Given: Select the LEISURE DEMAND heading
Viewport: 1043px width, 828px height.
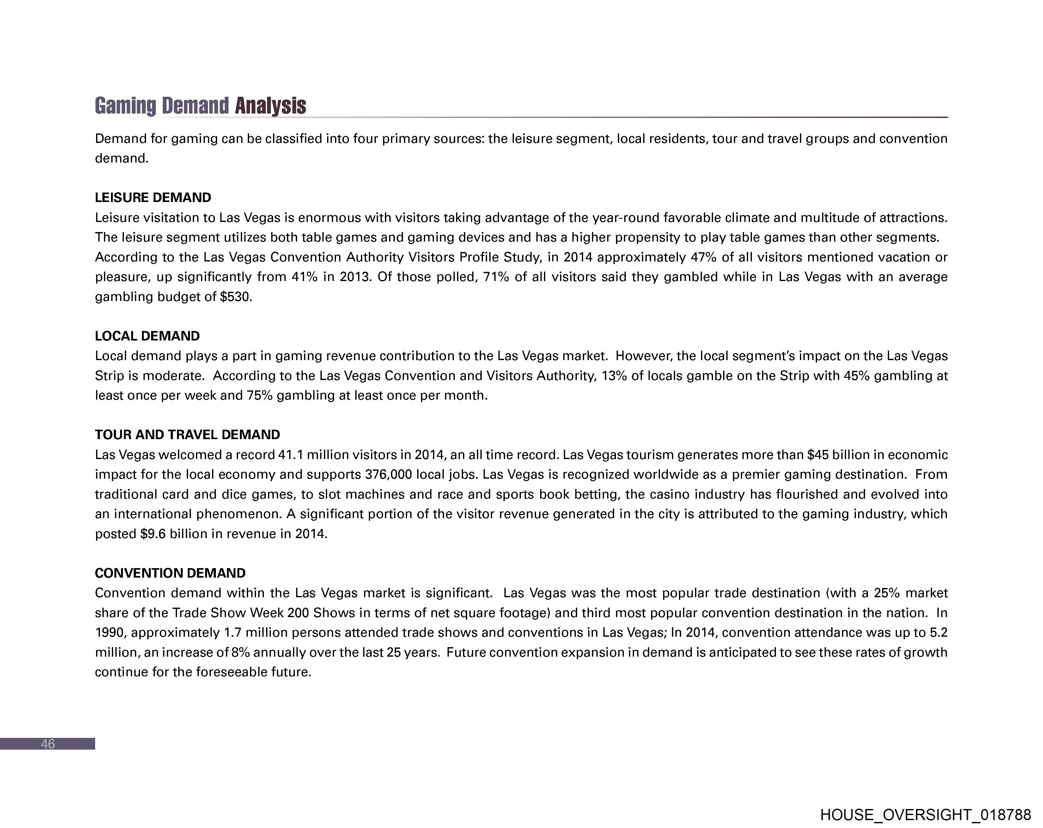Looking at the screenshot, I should click(153, 198).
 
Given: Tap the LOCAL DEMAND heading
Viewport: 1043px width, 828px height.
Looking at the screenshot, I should click(147, 336).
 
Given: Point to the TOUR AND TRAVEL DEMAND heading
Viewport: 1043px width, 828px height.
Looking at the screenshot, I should click(187, 435).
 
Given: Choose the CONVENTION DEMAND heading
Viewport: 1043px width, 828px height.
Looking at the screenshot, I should click(170, 573).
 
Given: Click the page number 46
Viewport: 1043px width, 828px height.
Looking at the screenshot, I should click(47, 744).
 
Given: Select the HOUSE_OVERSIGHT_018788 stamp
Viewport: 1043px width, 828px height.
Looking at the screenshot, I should click(925, 814).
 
